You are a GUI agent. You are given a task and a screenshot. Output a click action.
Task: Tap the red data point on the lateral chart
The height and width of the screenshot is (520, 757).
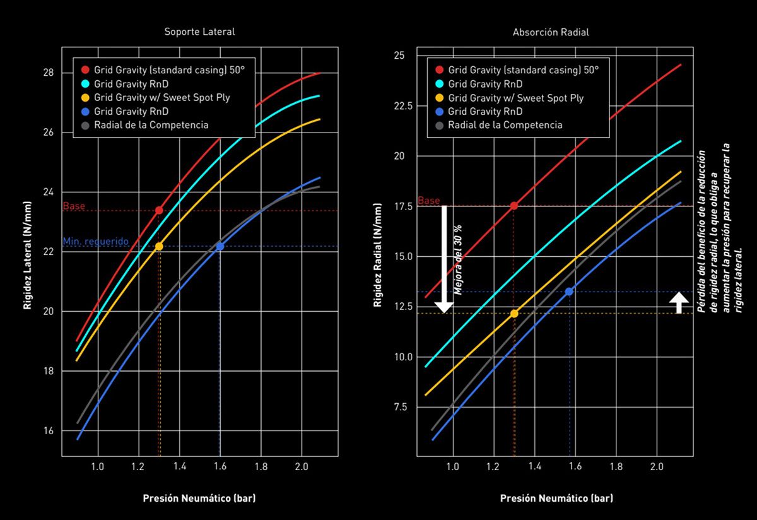(x=159, y=210)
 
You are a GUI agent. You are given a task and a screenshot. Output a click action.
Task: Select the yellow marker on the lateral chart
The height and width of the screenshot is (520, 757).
(x=159, y=246)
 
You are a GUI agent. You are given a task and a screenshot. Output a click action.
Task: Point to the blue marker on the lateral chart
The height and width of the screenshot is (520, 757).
(x=220, y=246)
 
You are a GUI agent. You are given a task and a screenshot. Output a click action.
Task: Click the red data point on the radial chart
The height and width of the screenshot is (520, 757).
(x=514, y=206)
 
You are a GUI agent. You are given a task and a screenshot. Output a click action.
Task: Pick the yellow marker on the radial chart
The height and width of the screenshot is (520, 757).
(x=514, y=314)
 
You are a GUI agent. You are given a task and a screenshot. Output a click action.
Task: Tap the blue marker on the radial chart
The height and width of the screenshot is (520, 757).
(x=569, y=292)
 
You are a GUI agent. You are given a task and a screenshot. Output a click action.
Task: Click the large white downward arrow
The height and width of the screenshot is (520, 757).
(x=444, y=259)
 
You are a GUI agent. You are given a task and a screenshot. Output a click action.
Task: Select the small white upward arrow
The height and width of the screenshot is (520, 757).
(x=678, y=302)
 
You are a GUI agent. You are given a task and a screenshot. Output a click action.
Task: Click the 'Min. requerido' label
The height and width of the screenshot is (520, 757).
(x=95, y=242)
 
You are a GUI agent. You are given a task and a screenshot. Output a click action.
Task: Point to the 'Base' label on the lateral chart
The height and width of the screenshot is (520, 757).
(x=74, y=206)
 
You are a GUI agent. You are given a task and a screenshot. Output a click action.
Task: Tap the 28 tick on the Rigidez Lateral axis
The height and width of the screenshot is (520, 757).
(x=48, y=73)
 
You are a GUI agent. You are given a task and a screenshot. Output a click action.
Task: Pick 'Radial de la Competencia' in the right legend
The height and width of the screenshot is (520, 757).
(x=505, y=124)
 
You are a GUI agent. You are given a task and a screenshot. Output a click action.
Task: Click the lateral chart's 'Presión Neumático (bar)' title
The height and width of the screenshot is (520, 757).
(x=199, y=498)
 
